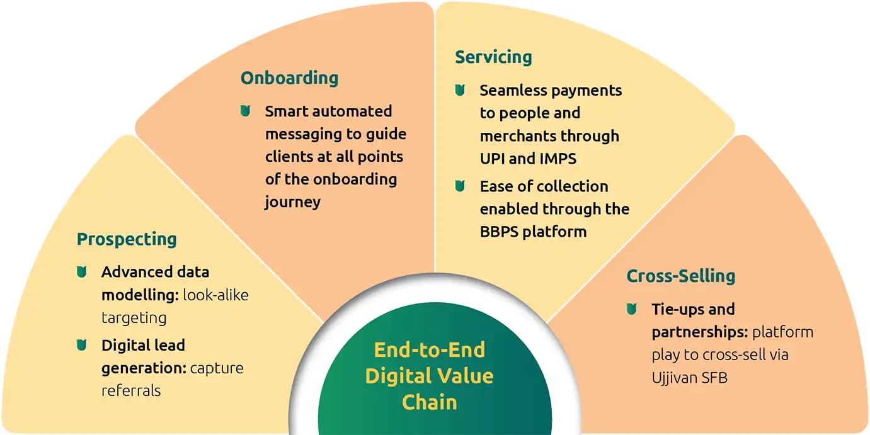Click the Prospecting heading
[127, 239]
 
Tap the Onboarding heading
[289, 78]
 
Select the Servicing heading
[493, 57]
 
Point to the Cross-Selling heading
[681, 276]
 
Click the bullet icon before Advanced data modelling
[81, 272]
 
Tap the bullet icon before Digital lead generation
[81, 345]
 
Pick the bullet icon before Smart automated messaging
[245, 111]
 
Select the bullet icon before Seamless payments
[460, 90]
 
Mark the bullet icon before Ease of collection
[460, 186]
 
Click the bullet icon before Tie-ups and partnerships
[632, 309]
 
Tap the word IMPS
[558, 158]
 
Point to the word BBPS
[499, 231]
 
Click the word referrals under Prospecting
[131, 390]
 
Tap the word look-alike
[215, 295]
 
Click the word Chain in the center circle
[429, 402]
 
